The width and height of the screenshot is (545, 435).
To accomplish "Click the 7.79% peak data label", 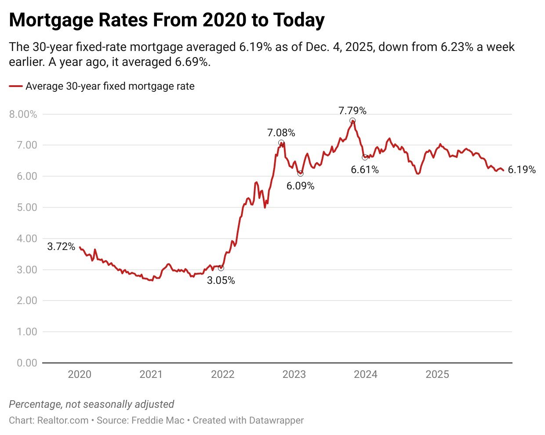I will coord(352,111).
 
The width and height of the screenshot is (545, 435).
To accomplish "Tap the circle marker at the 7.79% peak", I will coord(352,121).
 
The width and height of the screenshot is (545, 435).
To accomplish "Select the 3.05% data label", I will coord(221,280).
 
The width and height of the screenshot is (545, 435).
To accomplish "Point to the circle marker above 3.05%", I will coord(221,268).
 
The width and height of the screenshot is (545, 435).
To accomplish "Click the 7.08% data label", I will coord(281,133).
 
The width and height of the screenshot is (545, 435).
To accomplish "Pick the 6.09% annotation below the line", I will coord(300,186).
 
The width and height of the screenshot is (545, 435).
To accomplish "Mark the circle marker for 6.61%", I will coord(365,157).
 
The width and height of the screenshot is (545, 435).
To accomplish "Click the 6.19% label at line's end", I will coord(522,170).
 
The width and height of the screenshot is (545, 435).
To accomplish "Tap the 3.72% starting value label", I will coord(61,246).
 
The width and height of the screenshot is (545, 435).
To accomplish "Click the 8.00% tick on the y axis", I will coord(23,114).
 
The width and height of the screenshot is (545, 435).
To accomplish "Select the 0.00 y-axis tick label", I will coord(26,363).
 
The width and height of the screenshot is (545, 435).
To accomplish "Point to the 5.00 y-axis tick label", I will coord(26,207).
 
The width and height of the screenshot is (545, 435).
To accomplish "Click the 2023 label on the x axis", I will coord(294,374).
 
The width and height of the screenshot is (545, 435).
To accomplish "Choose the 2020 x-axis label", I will coord(80,374).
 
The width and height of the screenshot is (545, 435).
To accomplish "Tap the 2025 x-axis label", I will coord(437,374).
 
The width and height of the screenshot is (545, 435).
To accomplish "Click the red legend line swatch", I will coord(16,87).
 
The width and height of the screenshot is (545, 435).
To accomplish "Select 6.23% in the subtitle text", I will coord(457,47).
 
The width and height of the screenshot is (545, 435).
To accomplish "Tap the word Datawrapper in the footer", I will coord(276,420).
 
